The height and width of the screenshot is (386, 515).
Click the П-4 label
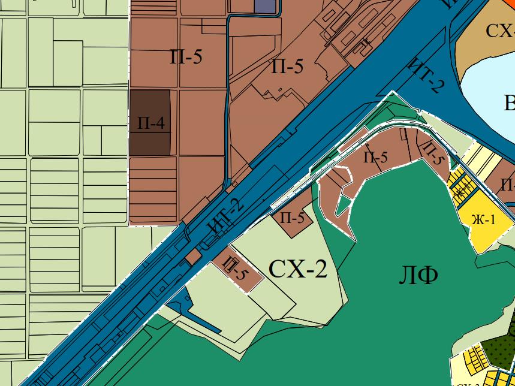[150, 124]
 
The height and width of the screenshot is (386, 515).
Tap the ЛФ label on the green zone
[418, 275]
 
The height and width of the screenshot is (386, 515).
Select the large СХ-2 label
[298, 269]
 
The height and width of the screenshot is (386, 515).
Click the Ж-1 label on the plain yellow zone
[483, 220]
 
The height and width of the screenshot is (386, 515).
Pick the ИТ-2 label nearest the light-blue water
[426, 76]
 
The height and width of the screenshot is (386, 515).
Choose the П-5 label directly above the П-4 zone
[186, 57]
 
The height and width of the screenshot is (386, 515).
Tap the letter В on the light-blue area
[509, 104]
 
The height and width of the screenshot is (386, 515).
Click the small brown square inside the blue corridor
[193, 257]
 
